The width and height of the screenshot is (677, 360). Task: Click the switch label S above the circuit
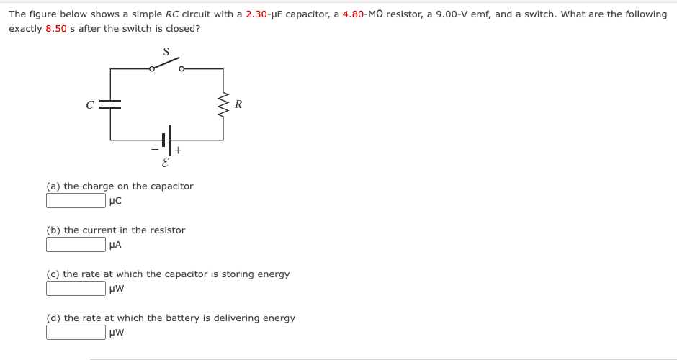pyautogui.click(x=166, y=52)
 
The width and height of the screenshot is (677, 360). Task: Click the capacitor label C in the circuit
pyautogui.click(x=90, y=104)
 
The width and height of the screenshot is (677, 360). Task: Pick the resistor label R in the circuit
pyautogui.click(x=238, y=104)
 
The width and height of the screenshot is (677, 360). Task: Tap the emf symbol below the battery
pyautogui.click(x=166, y=163)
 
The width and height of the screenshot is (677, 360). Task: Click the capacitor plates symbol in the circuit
pyautogui.click(x=110, y=104)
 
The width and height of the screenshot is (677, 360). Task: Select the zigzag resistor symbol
pyautogui.click(x=223, y=105)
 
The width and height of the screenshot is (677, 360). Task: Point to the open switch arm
pyautogui.click(x=166, y=65)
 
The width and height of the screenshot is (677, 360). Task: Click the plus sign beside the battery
pyautogui.click(x=177, y=151)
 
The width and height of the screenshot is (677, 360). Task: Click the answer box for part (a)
pyautogui.click(x=76, y=201)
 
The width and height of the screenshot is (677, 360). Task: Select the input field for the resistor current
pyautogui.click(x=76, y=245)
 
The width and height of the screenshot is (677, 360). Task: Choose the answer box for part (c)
pyautogui.click(x=76, y=289)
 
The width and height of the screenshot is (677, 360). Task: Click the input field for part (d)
pyautogui.click(x=76, y=333)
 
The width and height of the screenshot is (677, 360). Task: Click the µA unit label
pyautogui.click(x=115, y=245)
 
